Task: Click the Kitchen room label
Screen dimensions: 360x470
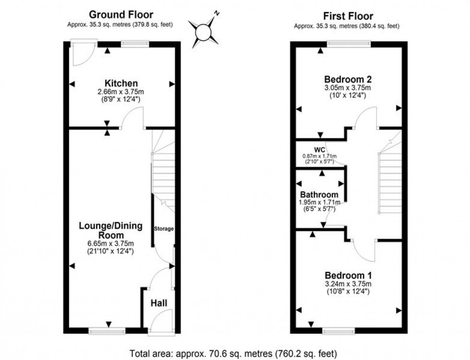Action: tap(122, 83)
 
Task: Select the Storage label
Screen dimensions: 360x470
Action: tap(164, 229)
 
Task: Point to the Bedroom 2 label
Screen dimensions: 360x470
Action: tap(348, 79)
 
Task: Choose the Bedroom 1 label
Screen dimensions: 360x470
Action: tap(348, 276)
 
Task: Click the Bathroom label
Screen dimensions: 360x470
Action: tap(319, 195)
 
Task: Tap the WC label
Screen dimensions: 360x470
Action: tap(320, 150)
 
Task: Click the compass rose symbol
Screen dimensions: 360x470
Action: tap(205, 31)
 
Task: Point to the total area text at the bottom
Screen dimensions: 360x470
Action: tap(234, 354)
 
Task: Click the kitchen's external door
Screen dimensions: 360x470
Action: tap(76, 54)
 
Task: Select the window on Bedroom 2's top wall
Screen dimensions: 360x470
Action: tap(349, 44)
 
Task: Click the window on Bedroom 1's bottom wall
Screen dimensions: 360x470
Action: tap(339, 330)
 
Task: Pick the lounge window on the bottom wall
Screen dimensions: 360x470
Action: tap(107, 330)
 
